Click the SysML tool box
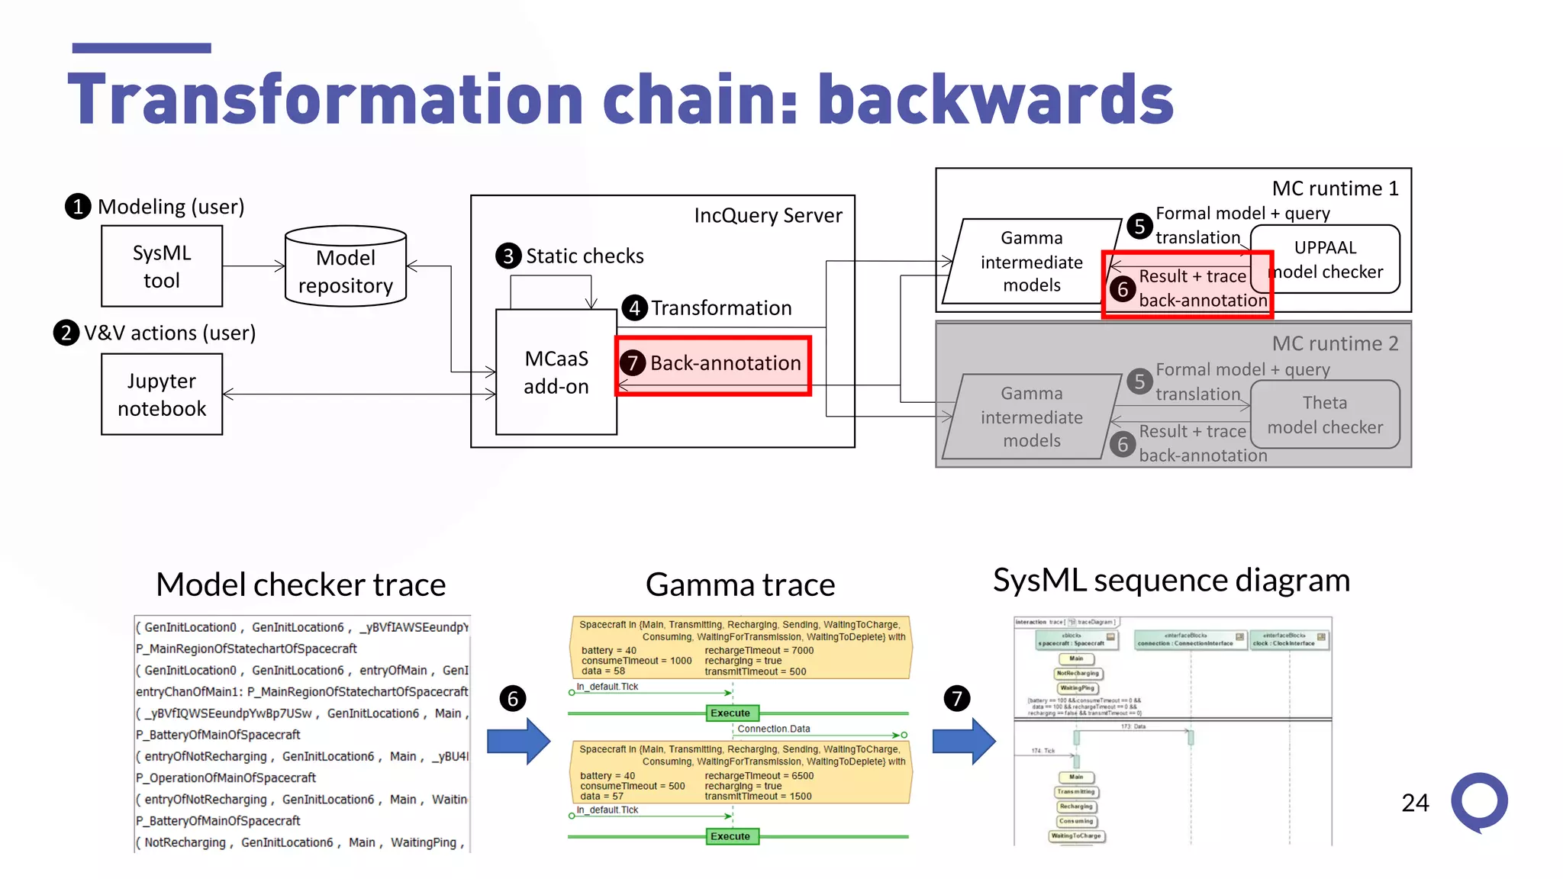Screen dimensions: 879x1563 [162, 266]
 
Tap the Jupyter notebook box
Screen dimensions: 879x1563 [162, 394]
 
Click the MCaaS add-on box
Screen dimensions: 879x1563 [556, 372]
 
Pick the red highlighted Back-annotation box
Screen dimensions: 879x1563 [714, 365]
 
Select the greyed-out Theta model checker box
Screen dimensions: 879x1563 [1325, 414]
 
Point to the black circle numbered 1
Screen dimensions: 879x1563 [78, 207]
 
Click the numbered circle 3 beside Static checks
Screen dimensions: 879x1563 [508, 256]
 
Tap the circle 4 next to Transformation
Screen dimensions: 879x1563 [634, 308]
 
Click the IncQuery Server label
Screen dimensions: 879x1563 [768, 216]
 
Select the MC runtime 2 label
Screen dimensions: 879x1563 [1335, 344]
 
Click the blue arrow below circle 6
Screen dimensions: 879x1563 [518, 741]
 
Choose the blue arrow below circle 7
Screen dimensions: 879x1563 [964, 741]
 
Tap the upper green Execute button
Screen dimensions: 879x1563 [730, 713]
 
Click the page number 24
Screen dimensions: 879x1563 [1415, 803]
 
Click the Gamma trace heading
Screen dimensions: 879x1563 [740, 585]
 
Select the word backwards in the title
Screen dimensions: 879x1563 [995, 100]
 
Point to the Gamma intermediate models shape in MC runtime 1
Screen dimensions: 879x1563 [1031, 262]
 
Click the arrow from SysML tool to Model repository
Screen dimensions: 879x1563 [253, 266]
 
